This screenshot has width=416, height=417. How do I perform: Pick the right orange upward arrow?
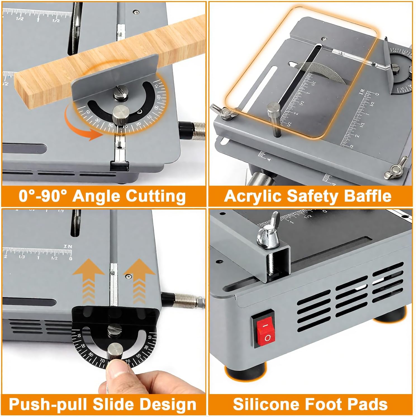pyautogui.click(x=139, y=282)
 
